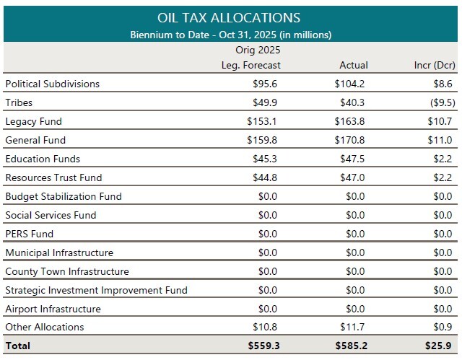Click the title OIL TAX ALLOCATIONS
[x=230, y=17]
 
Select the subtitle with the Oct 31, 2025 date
[x=230, y=34]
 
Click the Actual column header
[x=353, y=66]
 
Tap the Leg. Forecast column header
[x=250, y=66]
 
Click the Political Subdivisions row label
[x=52, y=84]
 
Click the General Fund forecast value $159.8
[x=263, y=140]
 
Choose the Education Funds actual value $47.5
[x=352, y=159]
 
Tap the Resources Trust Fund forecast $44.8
[x=266, y=177]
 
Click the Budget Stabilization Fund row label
[x=64, y=196]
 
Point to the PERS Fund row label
[x=29, y=234]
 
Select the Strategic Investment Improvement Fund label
[x=96, y=290]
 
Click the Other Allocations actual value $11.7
[x=352, y=328]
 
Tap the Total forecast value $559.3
[x=263, y=346]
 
